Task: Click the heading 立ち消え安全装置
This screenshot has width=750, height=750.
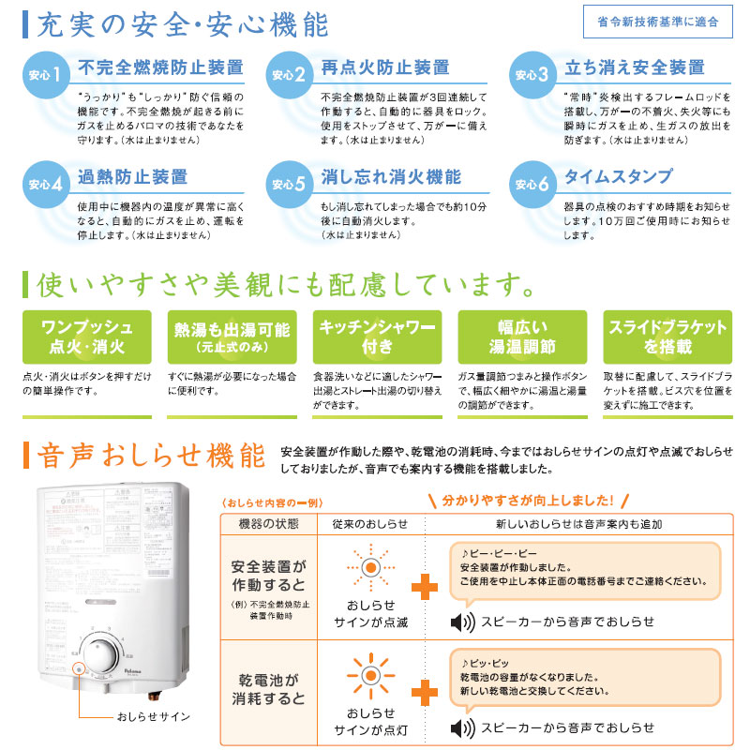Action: click(x=634, y=68)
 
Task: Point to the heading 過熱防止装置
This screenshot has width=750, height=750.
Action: click(x=133, y=176)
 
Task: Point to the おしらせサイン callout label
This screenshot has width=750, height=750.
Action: click(x=154, y=717)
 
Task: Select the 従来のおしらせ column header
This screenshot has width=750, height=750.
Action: click(x=370, y=524)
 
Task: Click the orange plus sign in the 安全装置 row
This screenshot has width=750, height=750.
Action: click(x=424, y=588)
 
